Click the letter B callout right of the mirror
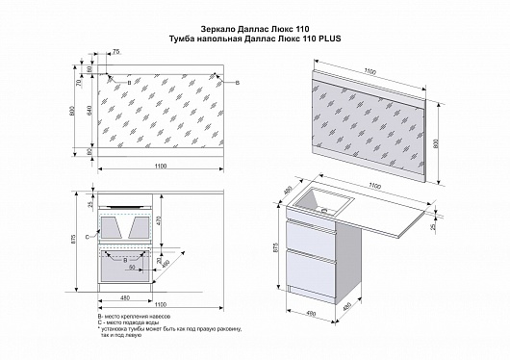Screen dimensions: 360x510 pyautogui.click(x=237, y=84)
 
